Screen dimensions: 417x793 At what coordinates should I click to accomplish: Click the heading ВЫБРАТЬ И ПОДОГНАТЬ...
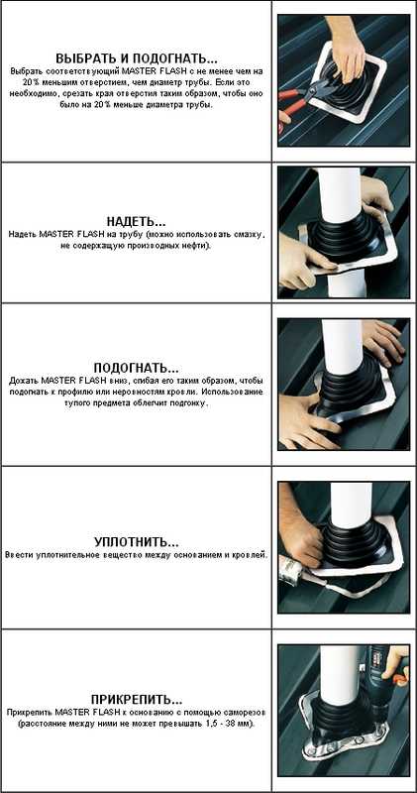click(x=137, y=57)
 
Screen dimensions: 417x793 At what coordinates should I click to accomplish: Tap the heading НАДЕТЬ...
click(x=136, y=222)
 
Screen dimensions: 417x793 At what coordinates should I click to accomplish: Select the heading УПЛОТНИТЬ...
click(x=137, y=542)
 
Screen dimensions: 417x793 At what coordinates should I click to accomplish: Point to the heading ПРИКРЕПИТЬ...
click(x=137, y=700)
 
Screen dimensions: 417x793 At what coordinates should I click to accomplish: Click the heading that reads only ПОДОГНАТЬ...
click(x=136, y=368)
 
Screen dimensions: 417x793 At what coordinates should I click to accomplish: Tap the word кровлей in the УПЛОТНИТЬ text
click(x=251, y=555)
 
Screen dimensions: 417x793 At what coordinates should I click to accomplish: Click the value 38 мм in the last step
click(x=234, y=724)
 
